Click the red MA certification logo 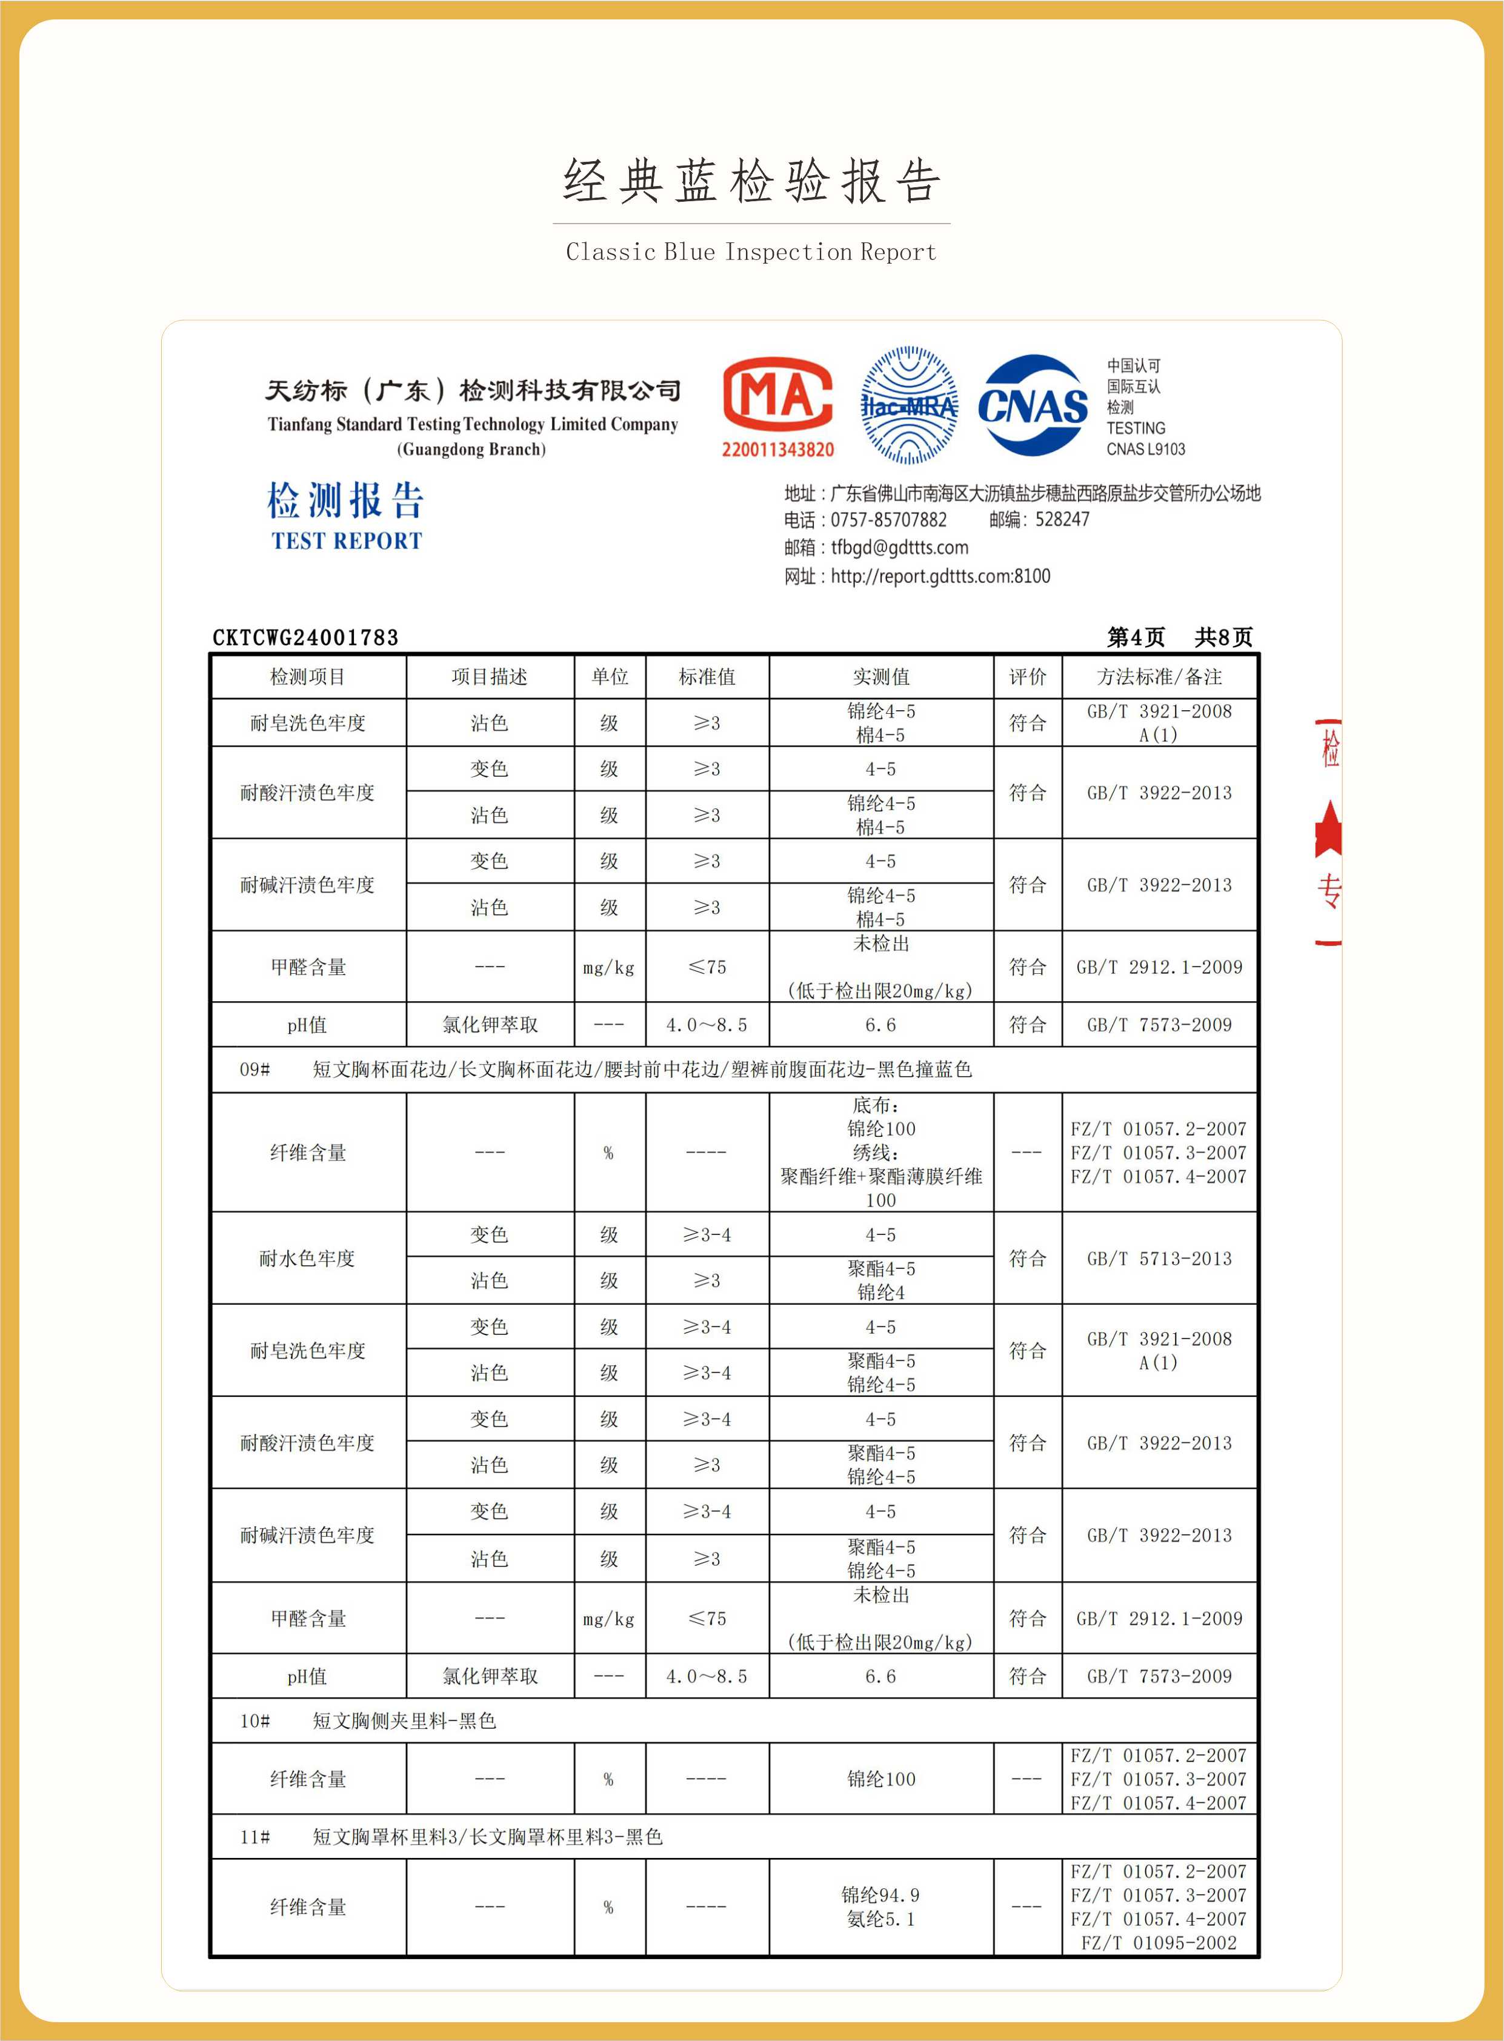pyautogui.click(x=777, y=394)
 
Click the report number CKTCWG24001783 pyautogui.click(x=305, y=638)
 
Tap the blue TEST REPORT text pyautogui.click(x=347, y=541)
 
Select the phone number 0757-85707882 pyautogui.click(x=888, y=520)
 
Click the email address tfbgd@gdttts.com pyautogui.click(x=899, y=547)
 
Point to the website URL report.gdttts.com pyautogui.click(x=939, y=576)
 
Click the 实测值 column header pyautogui.click(x=880, y=676)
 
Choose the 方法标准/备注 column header pyautogui.click(x=1159, y=676)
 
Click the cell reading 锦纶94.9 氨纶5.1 pyautogui.click(x=880, y=1906)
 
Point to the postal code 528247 pyautogui.click(x=1062, y=520)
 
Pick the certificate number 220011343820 pyautogui.click(x=777, y=450)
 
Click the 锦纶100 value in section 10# pyautogui.click(x=880, y=1779)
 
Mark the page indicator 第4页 pyautogui.click(x=1136, y=638)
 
